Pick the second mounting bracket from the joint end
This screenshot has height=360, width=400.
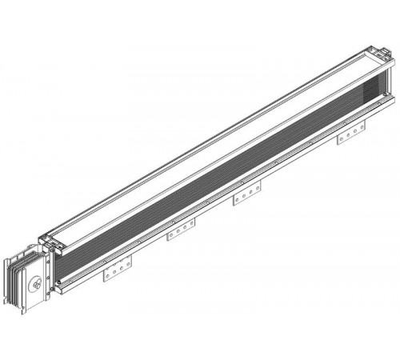pos(182,233)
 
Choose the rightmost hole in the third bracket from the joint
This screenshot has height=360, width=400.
pos(254,191)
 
